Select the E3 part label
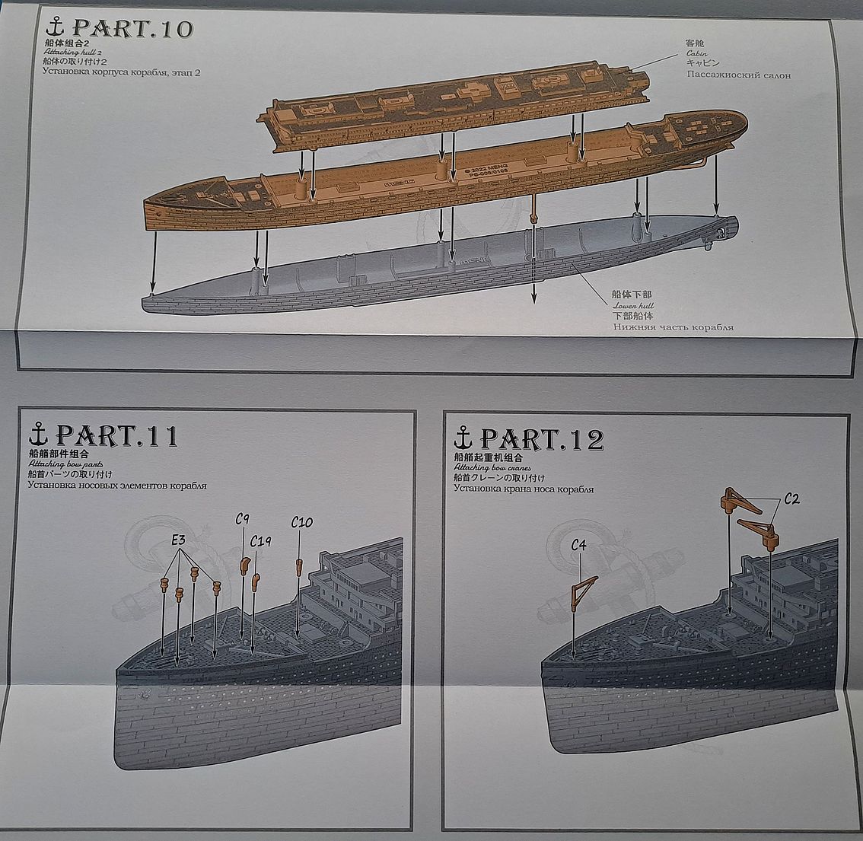pyautogui.click(x=180, y=540)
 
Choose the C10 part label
pyautogui.click(x=302, y=522)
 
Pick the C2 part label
pyautogui.click(x=791, y=499)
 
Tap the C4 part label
pyautogui.click(x=579, y=545)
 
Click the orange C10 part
pyautogui.click(x=299, y=565)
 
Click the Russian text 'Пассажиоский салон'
pyautogui.click(x=738, y=75)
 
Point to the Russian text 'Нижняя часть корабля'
pyautogui.click(x=674, y=327)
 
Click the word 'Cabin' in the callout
pyautogui.click(x=696, y=53)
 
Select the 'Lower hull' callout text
pyautogui.click(x=632, y=305)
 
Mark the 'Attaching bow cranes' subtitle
pyautogui.click(x=492, y=467)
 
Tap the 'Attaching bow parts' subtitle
pyautogui.click(x=65, y=464)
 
